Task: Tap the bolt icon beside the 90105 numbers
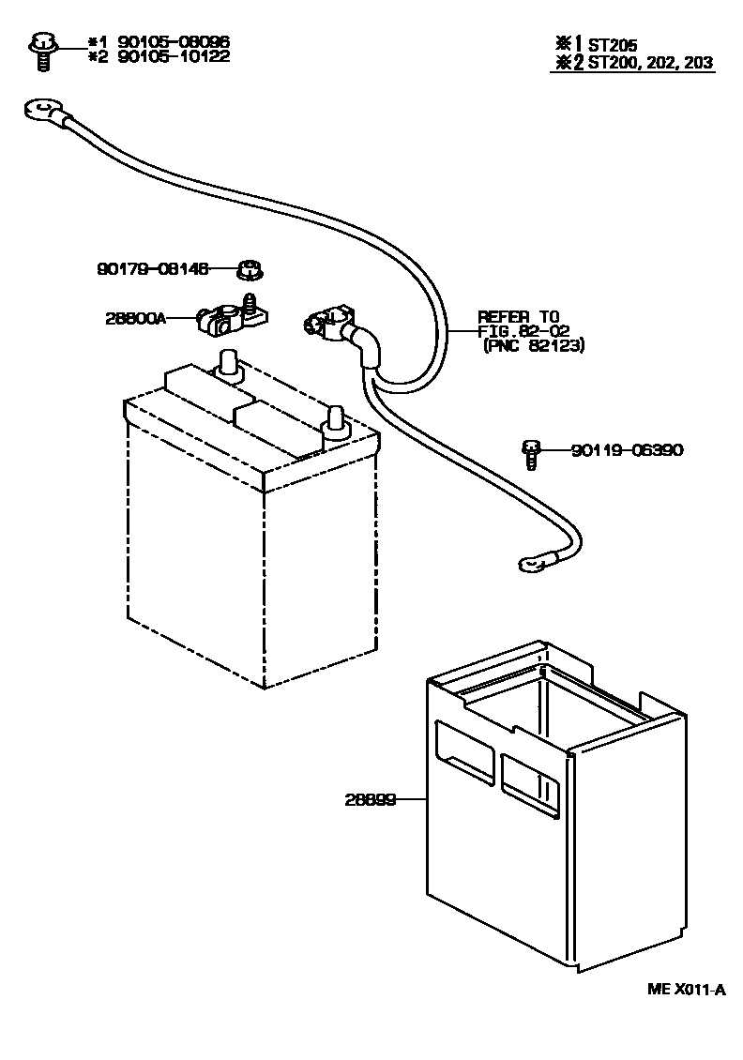(42, 50)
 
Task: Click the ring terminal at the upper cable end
(38, 114)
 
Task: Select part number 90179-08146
(153, 268)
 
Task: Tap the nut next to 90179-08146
(249, 270)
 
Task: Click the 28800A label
(135, 318)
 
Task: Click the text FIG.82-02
(522, 331)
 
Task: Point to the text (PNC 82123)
(534, 346)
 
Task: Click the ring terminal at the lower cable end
(529, 564)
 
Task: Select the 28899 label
(369, 800)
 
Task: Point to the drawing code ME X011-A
(686, 989)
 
